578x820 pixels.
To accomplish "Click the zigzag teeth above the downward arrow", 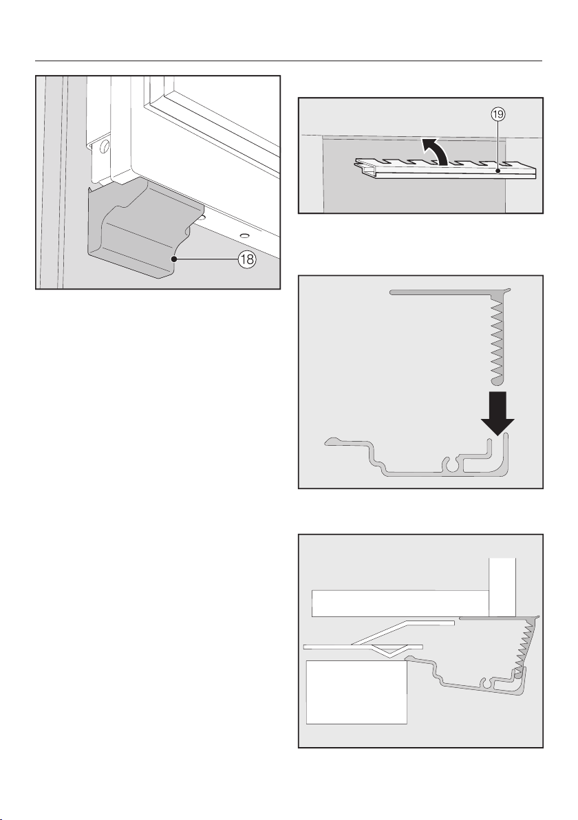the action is [496, 337].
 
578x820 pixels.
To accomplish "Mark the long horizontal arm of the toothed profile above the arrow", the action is [440, 292].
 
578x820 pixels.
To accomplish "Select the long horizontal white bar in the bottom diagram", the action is [399, 603].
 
